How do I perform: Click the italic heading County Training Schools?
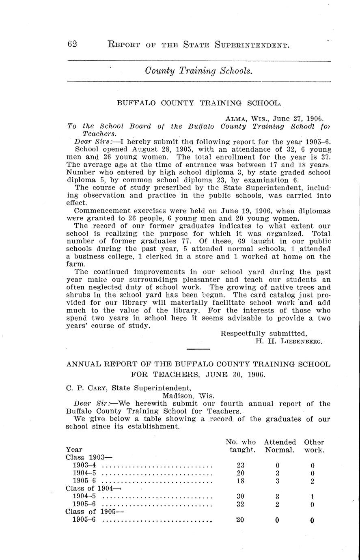tap(199, 71)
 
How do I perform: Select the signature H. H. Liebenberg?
tap(289, 342)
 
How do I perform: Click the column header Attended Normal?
tap(280, 446)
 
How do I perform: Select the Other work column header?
tap(314, 446)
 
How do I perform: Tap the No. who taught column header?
tap(240, 446)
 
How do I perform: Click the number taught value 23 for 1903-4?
tap(240, 465)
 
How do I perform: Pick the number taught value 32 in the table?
tap(240, 504)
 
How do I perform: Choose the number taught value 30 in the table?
tap(240, 497)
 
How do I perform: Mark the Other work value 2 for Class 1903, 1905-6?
tap(312, 481)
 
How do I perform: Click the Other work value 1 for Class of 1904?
tap(312, 497)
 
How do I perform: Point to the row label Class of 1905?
tap(94, 512)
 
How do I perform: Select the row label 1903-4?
tap(84, 465)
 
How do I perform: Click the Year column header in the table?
tap(74, 450)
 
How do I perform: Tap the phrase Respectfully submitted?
tap(263, 334)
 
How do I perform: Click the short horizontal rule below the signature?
tap(198, 349)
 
